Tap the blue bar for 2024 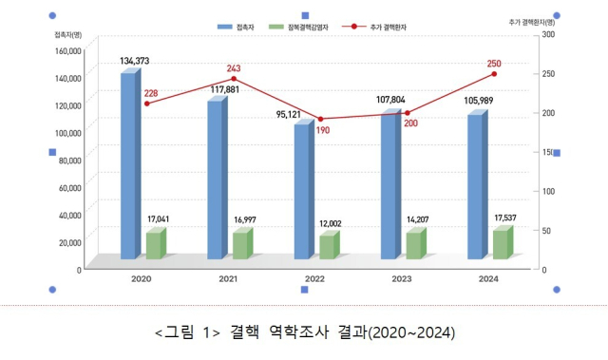click(x=475, y=186)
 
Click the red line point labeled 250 click(x=493, y=74)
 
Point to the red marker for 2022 click(x=321, y=120)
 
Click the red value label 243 click(x=234, y=69)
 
